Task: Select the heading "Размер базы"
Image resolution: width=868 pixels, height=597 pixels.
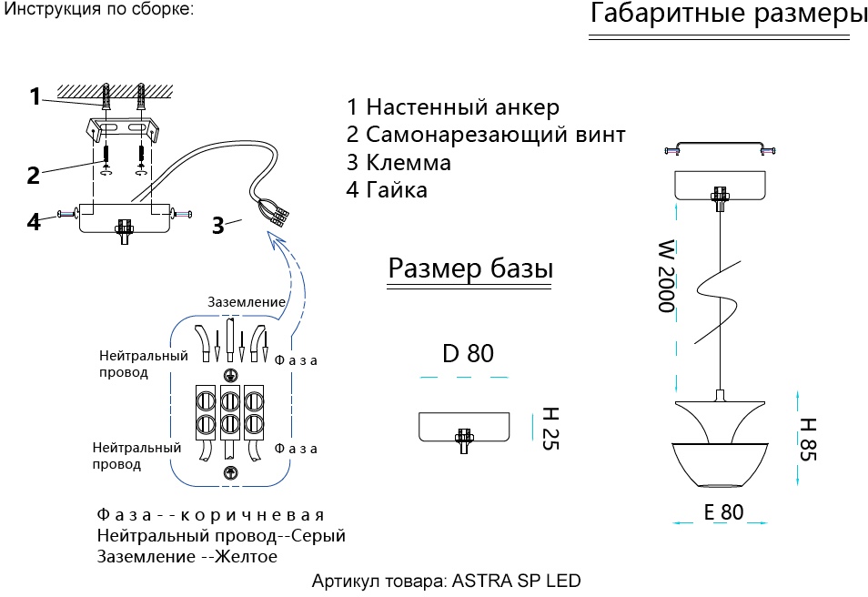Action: tap(470, 269)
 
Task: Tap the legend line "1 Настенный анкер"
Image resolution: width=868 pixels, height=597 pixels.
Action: tap(452, 108)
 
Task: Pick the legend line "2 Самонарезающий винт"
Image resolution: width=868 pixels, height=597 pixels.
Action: tap(486, 136)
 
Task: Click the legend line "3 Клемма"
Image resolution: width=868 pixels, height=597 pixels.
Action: tap(399, 163)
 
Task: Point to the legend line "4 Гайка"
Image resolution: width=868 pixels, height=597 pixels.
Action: tap(387, 190)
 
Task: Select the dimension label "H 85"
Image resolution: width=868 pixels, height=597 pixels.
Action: tap(807, 439)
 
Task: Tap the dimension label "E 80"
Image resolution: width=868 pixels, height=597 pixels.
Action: tap(723, 511)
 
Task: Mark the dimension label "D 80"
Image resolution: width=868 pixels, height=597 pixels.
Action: tap(468, 353)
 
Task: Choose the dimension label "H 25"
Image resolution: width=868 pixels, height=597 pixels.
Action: tap(550, 429)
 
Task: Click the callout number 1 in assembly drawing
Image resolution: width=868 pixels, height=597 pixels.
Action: tap(35, 96)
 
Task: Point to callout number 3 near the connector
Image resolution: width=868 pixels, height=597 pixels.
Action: tap(218, 226)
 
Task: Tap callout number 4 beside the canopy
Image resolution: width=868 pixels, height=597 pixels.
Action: tap(34, 221)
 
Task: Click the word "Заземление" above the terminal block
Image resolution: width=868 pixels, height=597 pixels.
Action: tap(247, 302)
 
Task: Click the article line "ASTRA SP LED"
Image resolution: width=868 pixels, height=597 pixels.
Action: tap(446, 581)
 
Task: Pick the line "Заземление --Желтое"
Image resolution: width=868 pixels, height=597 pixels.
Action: tap(187, 556)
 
